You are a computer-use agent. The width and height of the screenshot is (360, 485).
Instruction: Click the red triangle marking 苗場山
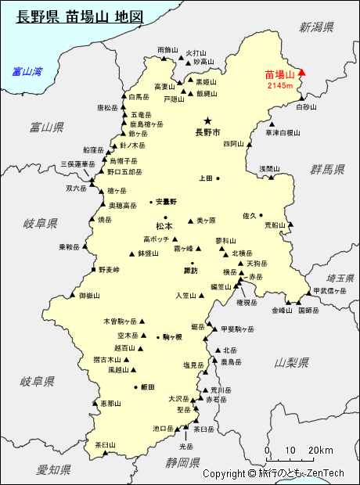point(303,74)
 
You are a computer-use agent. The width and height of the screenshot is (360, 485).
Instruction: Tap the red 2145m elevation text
point(279,85)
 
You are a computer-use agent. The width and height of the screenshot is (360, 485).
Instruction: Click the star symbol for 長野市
point(207,120)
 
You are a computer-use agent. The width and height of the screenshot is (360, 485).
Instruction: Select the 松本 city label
point(164,227)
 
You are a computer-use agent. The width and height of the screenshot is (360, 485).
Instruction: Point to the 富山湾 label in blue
point(27,72)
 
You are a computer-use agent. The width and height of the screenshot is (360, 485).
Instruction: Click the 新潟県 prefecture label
point(316,27)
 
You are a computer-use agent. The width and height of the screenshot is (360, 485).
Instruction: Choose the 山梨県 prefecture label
point(292,362)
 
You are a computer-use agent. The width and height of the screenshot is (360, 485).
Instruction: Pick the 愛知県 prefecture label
point(54,469)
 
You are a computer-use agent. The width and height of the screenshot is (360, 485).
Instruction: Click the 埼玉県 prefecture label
point(340,278)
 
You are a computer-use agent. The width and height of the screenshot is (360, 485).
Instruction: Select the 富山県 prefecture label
point(46,127)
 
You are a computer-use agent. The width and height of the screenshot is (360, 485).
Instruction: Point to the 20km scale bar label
point(319,450)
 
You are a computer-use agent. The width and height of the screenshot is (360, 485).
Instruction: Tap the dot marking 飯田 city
point(135,387)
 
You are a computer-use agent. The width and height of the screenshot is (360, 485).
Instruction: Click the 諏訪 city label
point(191,271)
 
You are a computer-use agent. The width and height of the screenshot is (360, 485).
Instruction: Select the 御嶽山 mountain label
point(90,296)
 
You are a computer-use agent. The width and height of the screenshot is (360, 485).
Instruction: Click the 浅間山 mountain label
point(269,168)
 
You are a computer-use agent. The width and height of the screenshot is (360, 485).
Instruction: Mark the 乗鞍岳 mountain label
point(70,247)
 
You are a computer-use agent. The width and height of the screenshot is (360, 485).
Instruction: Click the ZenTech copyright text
point(273,473)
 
